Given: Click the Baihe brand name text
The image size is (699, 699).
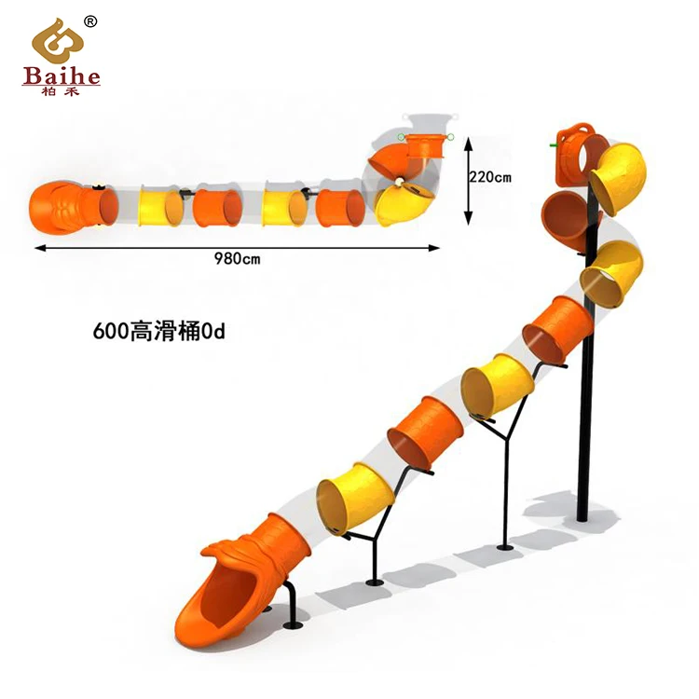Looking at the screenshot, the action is pyautogui.click(x=61, y=75).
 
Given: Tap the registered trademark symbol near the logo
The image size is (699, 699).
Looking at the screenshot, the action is pyautogui.click(x=89, y=21).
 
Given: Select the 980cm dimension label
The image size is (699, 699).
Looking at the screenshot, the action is pyautogui.click(x=237, y=258).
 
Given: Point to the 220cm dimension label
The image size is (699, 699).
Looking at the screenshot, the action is pyautogui.click(x=491, y=176).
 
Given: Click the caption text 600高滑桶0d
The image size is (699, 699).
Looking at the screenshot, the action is pyautogui.click(x=159, y=331).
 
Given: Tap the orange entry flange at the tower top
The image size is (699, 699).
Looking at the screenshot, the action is pyautogui.click(x=573, y=149).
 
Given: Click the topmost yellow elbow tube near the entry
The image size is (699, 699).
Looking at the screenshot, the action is pyautogui.click(x=619, y=177).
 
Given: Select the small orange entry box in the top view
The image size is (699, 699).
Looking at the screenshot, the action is pyautogui.click(x=425, y=146).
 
